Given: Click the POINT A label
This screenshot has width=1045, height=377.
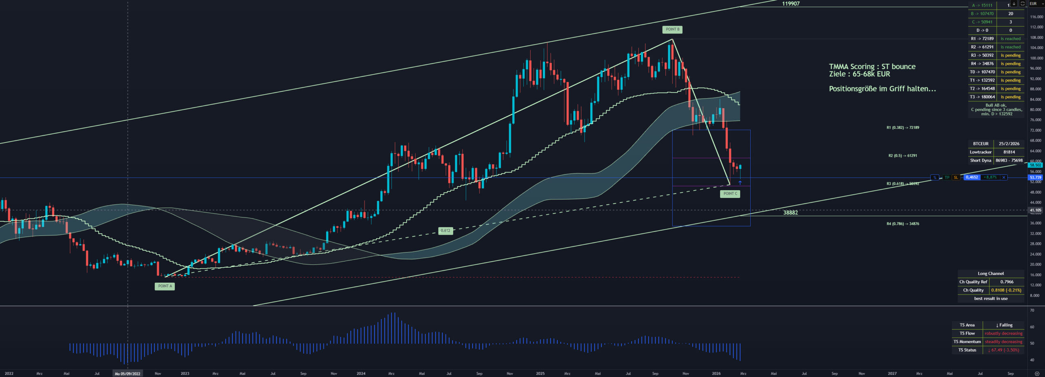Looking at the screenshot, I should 165,286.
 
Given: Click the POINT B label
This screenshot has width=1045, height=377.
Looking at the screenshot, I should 672,29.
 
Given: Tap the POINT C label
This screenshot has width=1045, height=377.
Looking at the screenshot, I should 730,193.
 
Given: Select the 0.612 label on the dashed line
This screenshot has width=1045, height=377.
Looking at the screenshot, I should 445,231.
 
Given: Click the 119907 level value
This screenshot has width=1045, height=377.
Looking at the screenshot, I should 790,4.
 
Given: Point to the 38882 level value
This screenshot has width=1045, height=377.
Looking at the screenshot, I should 790,213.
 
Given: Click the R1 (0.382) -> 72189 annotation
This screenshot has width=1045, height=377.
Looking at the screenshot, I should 903,128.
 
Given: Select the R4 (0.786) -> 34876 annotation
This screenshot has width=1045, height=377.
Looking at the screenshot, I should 903,224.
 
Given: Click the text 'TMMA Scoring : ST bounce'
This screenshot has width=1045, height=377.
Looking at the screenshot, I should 872,67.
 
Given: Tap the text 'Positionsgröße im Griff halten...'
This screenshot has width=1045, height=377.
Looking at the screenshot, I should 882,89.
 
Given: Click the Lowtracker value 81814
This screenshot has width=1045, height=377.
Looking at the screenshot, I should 1009,152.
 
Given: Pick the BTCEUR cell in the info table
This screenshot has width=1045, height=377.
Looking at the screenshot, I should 981,144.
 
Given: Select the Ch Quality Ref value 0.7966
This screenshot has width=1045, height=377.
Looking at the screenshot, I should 1007,282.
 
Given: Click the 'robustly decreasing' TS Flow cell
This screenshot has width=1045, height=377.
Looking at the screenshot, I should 1003,333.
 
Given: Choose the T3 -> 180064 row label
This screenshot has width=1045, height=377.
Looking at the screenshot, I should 983,97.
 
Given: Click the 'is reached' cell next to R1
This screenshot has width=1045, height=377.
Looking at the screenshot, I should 1010,39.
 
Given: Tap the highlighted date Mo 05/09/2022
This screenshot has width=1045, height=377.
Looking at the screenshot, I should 127,373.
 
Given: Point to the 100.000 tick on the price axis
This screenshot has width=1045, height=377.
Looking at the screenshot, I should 1036,58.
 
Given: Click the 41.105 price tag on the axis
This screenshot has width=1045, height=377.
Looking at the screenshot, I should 1036,210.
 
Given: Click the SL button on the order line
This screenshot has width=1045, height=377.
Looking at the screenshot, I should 956,177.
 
